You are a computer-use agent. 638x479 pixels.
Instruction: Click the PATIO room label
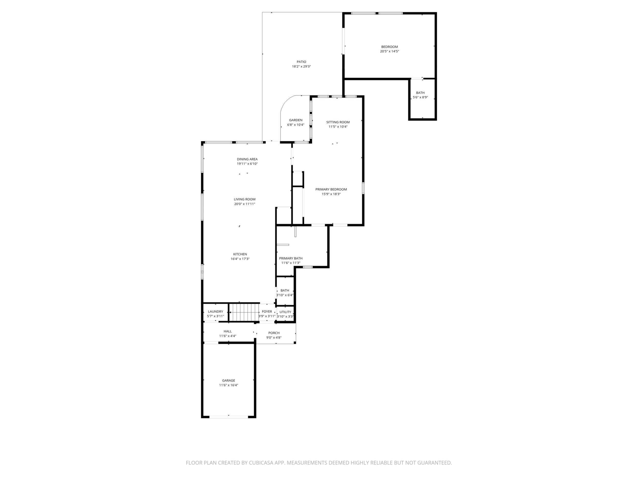pyautogui.click(x=301, y=62)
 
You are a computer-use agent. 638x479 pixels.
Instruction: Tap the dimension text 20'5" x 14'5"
pyautogui.click(x=389, y=51)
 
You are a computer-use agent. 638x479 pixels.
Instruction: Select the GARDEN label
pyautogui.click(x=296, y=120)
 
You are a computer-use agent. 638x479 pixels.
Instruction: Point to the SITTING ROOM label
pyautogui.click(x=338, y=122)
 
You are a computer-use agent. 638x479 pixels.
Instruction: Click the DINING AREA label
pyautogui.click(x=247, y=159)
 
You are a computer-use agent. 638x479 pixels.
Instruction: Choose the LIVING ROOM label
pyautogui.click(x=245, y=199)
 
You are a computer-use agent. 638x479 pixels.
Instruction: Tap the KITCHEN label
pyautogui.click(x=240, y=254)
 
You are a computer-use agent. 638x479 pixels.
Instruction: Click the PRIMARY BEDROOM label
pyautogui.click(x=331, y=189)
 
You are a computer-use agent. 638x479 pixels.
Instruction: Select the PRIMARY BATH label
pyautogui.click(x=291, y=258)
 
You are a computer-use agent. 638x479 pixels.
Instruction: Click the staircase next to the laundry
pyautogui.click(x=244, y=312)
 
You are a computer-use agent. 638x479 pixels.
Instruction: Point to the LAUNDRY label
pyautogui.click(x=215, y=312)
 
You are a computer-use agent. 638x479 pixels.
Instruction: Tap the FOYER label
pyautogui.click(x=267, y=312)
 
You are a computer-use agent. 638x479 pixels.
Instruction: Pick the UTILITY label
pyautogui.click(x=285, y=312)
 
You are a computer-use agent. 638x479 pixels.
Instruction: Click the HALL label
pyautogui.click(x=227, y=331)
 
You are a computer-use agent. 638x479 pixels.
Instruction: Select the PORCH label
pyautogui.click(x=274, y=333)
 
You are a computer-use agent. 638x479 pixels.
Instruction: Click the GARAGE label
pyautogui.click(x=229, y=380)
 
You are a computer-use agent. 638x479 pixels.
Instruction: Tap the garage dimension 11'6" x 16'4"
pyautogui.click(x=229, y=385)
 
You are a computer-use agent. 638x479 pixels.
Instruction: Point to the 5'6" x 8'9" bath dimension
pyautogui.click(x=420, y=97)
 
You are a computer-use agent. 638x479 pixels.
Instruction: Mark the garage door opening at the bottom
pyautogui.click(x=229, y=417)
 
